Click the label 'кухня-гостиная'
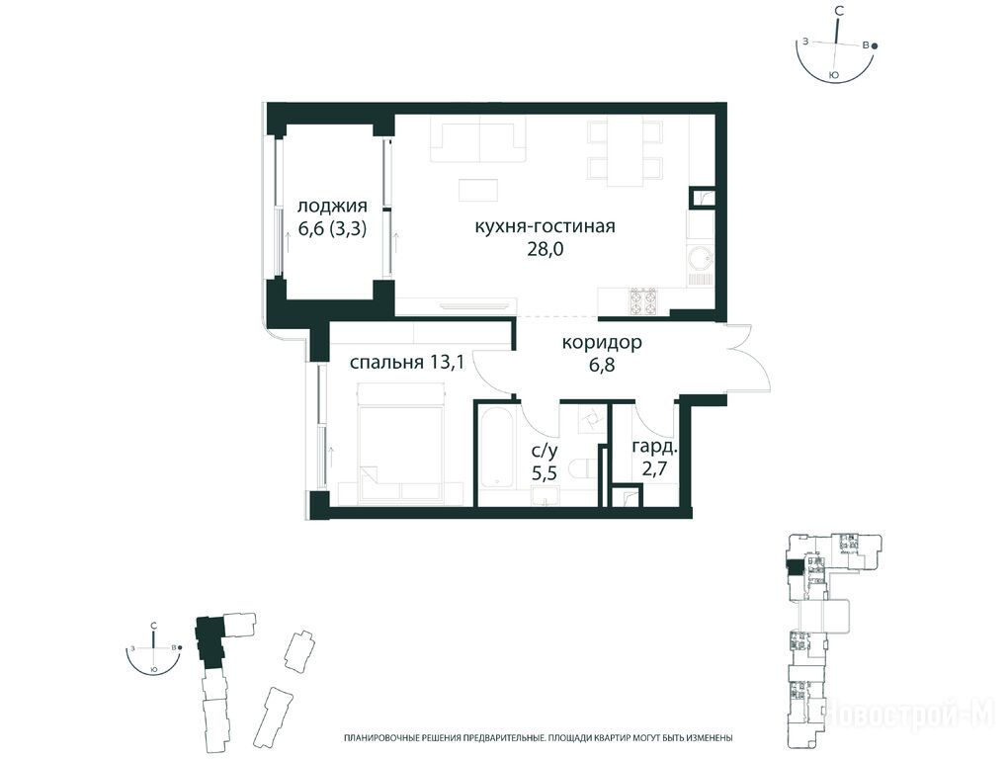546,227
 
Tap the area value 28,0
546,249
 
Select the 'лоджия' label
332,207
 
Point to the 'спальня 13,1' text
407,363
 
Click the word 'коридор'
602,343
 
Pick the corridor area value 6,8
602,365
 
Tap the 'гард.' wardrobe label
654,447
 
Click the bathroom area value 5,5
544,473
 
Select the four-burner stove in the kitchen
642,300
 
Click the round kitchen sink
701,258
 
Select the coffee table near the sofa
477,190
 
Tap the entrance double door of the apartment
746,358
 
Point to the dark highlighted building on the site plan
209,641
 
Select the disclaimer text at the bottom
539,738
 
